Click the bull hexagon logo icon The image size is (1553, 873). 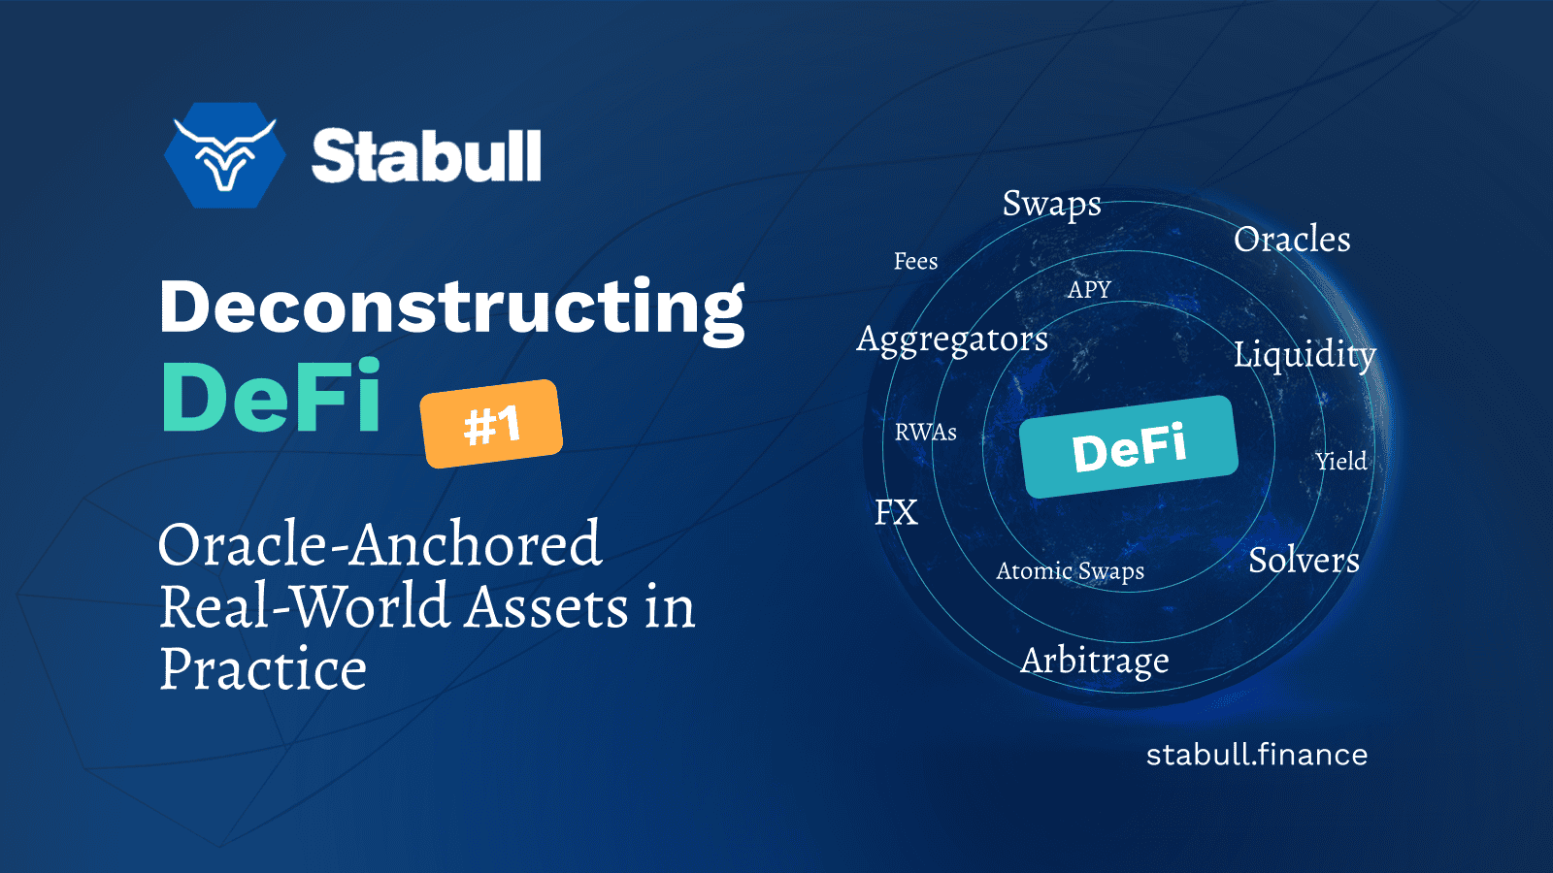pos(225,155)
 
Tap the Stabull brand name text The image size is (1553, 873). pos(426,156)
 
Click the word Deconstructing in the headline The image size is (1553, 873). pos(451,307)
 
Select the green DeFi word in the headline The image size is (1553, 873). pos(271,398)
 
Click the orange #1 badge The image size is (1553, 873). pos(491,424)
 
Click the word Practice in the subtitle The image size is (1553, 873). pos(263,668)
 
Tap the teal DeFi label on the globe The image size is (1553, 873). pos(1129,447)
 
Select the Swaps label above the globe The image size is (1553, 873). pos(1051,204)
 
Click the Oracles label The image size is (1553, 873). pos(1292,240)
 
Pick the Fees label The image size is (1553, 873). pos(915,262)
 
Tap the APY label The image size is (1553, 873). pos(1089,290)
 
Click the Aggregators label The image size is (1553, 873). pos(952,339)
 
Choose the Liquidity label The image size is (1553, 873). pos(1305,354)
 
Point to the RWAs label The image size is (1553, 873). pos(925,433)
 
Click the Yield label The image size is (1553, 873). pos(1341,462)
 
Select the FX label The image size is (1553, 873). pos(896,512)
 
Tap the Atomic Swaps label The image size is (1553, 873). pos(1070,571)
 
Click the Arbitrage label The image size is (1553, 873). pos(1095,661)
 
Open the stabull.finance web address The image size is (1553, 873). pos(1256,755)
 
